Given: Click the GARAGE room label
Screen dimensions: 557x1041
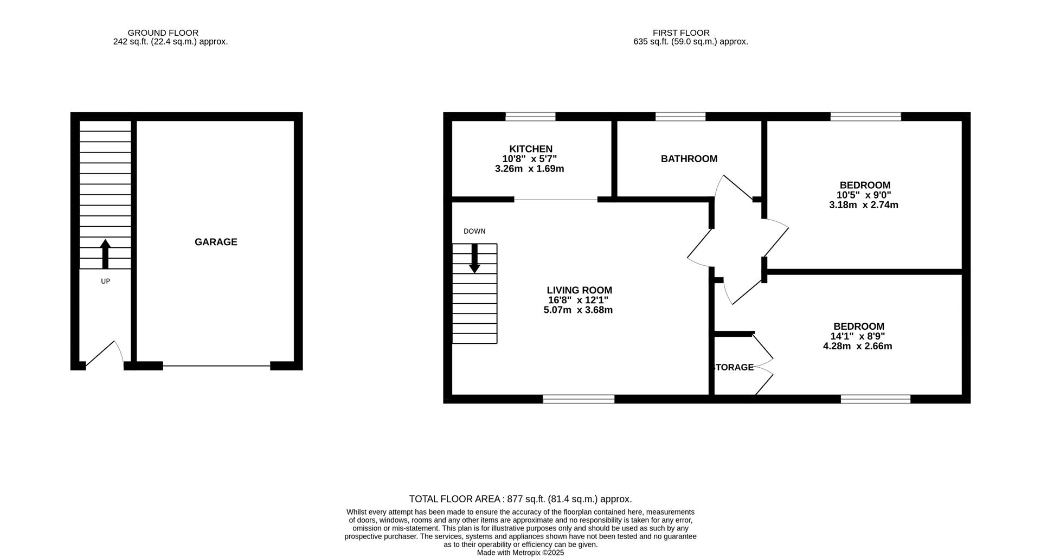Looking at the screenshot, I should [x=216, y=242].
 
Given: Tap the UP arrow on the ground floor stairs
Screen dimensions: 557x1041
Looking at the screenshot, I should [x=105, y=254].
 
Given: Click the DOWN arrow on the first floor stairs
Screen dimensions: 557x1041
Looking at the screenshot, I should [x=474, y=258].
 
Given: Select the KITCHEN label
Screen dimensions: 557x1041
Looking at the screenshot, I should [x=530, y=149].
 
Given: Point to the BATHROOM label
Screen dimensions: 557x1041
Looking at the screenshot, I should [x=689, y=159].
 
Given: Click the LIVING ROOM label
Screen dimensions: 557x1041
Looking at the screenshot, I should [x=579, y=290].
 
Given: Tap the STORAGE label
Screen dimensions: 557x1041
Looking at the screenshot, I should [x=734, y=367].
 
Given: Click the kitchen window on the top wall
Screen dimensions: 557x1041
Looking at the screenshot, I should [x=530, y=116].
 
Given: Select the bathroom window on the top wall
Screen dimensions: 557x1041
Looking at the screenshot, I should [x=680, y=116].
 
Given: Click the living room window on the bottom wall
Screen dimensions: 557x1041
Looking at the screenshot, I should [x=579, y=399].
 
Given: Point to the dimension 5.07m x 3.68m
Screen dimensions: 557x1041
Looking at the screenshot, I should [x=578, y=310].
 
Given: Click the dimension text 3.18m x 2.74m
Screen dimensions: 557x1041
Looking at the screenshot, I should [x=863, y=205].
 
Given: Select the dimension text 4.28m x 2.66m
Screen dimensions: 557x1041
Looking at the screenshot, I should [x=857, y=346].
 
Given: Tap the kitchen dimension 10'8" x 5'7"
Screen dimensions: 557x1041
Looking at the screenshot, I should [x=529, y=159].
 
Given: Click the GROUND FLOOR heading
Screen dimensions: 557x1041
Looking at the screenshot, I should [x=163, y=33].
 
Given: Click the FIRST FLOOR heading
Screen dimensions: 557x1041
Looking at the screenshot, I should [x=680, y=33].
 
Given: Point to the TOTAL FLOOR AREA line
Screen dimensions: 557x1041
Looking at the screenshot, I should [x=520, y=499].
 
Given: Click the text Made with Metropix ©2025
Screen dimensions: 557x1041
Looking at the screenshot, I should [x=520, y=553].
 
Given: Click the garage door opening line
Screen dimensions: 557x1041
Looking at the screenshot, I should [x=216, y=366].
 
